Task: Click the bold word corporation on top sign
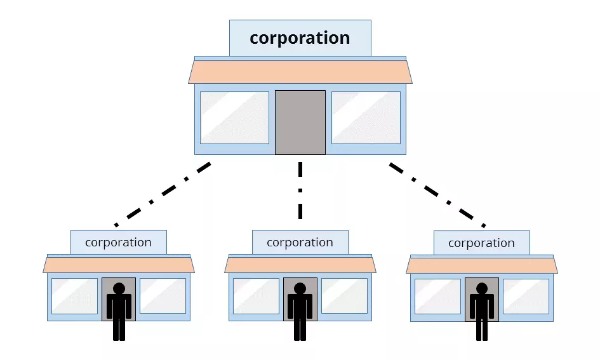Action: click(x=300, y=38)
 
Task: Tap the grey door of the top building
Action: click(x=300, y=122)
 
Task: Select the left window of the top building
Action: click(x=234, y=117)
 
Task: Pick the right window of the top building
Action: click(x=366, y=117)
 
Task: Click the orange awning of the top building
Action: click(x=300, y=72)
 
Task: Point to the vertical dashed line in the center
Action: click(x=300, y=190)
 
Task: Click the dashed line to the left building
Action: click(x=163, y=194)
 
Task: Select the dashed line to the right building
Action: click(x=437, y=194)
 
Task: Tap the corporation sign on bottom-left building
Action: click(x=118, y=243)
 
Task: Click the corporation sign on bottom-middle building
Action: click(x=300, y=243)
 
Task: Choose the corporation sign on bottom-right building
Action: click(x=481, y=243)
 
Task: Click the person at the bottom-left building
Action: click(x=119, y=311)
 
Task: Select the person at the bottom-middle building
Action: click(x=300, y=311)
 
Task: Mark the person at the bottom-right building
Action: click(x=482, y=311)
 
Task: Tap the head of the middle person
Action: click(x=300, y=288)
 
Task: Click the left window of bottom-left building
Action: click(x=74, y=296)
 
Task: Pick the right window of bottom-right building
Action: click(x=526, y=296)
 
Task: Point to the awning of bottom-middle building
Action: click(x=300, y=265)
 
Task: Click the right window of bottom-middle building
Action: click(x=344, y=296)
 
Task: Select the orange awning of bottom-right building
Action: click(x=481, y=265)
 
